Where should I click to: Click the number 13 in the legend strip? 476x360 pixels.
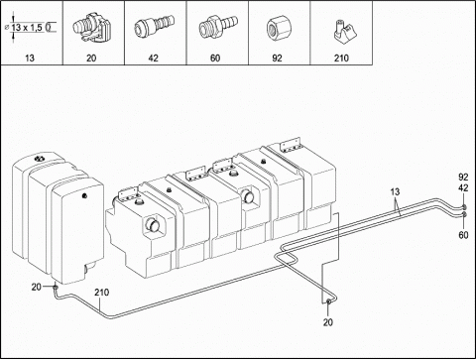click(x=30, y=59)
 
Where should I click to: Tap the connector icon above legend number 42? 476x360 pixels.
click(x=154, y=27)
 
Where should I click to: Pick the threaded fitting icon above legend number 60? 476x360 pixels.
click(x=217, y=27)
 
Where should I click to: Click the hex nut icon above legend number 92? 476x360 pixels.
click(x=277, y=29)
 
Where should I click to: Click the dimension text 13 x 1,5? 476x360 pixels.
click(x=27, y=28)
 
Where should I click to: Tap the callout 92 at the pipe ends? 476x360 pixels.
click(x=463, y=178)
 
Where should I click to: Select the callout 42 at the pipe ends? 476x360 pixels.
click(x=463, y=187)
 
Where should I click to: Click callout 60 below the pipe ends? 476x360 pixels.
click(x=463, y=235)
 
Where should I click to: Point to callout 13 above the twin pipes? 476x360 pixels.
click(x=395, y=191)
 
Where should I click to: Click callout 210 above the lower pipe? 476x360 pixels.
click(x=101, y=293)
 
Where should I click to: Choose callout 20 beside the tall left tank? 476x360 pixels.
click(x=37, y=287)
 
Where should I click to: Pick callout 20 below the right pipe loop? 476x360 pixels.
click(x=328, y=322)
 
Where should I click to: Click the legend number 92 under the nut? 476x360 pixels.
click(x=277, y=59)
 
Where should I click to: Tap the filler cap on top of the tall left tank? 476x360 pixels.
click(x=40, y=158)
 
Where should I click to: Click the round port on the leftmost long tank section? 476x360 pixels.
click(x=153, y=225)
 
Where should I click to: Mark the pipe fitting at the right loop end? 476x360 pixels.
click(x=328, y=301)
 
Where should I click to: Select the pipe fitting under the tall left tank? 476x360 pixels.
click(x=56, y=288)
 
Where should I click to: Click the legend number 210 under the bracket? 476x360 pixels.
click(x=341, y=59)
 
